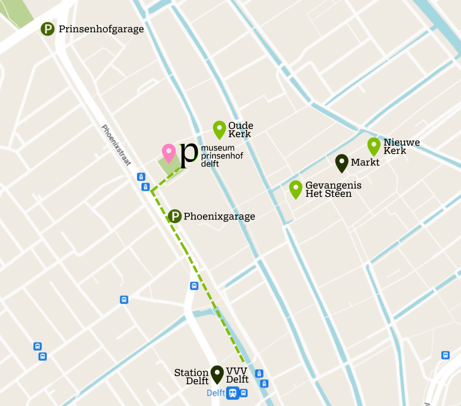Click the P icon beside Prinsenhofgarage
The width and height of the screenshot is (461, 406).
click(48, 29)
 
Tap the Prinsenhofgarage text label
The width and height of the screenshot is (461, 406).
click(101, 29)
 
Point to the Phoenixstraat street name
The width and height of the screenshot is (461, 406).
click(116, 145)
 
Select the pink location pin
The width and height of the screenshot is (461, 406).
click(169, 153)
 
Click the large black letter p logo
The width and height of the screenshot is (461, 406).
click(188, 156)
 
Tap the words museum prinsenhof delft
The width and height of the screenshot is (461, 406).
click(222, 155)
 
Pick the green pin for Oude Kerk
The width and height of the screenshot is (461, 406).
click(219, 129)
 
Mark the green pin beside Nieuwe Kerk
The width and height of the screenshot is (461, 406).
click(374, 146)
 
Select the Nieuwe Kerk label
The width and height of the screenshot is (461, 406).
click(401, 147)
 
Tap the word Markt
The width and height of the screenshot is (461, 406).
click(365, 162)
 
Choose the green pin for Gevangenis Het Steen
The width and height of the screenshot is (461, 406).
click(296, 189)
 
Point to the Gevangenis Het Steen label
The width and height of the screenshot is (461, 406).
click(333, 190)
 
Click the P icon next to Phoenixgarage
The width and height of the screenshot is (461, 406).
click(175, 216)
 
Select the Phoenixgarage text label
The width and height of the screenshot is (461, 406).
click(219, 217)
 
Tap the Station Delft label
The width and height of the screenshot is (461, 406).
click(192, 377)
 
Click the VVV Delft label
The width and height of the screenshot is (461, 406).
click(237, 375)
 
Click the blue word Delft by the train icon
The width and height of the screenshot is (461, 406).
click(216, 393)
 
